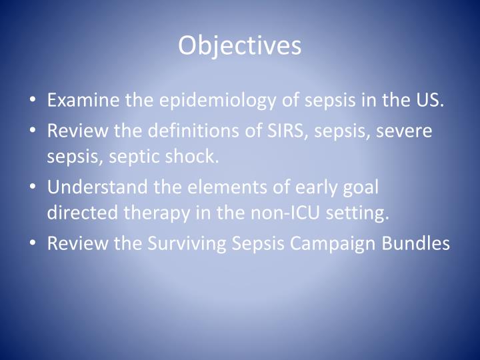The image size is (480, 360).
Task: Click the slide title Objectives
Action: pyautogui.click(x=239, y=45)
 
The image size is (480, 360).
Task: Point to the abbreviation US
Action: pyautogui.click(x=430, y=101)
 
